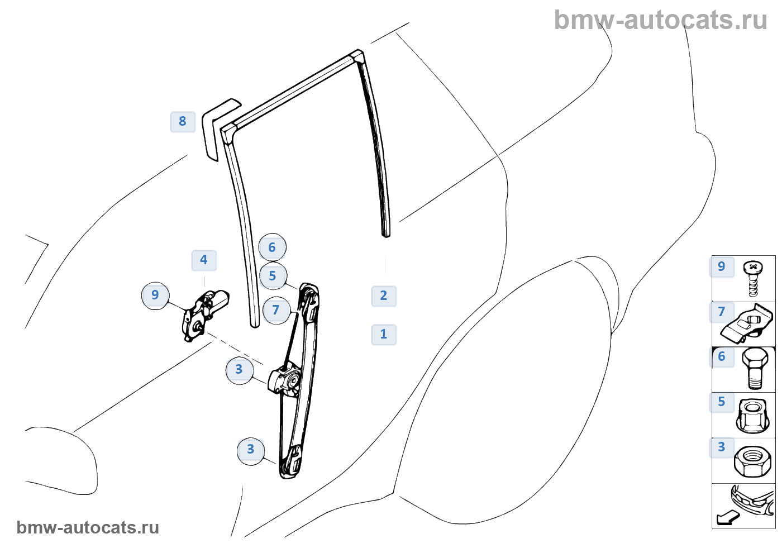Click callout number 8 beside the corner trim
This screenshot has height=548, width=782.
(183, 121)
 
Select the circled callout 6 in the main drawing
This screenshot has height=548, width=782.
(272, 247)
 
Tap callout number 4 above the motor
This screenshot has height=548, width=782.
(204, 260)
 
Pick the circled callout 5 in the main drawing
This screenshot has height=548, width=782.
(273, 276)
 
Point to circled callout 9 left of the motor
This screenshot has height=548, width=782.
(155, 295)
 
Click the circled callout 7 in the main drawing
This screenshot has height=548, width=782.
(276, 310)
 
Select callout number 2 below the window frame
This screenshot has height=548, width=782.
(384, 296)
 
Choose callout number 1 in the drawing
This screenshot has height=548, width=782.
(384, 334)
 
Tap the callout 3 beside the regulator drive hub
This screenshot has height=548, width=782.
(239, 369)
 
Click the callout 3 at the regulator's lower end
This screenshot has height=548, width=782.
(251, 450)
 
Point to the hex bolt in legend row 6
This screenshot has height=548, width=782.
(754, 369)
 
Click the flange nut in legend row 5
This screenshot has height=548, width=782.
(752, 416)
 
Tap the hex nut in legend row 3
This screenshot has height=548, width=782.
(752, 461)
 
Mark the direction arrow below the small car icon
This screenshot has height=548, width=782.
(728, 518)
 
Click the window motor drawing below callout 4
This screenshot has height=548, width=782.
(203, 314)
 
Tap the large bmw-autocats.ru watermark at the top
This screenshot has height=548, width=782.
(660, 20)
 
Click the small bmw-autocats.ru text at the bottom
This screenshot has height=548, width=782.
(88, 527)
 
